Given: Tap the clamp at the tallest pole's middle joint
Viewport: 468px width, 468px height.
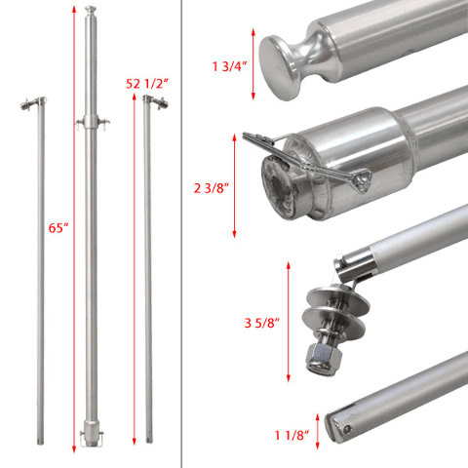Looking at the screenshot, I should point(94,122).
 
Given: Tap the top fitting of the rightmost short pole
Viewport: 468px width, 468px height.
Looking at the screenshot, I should point(148,103).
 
